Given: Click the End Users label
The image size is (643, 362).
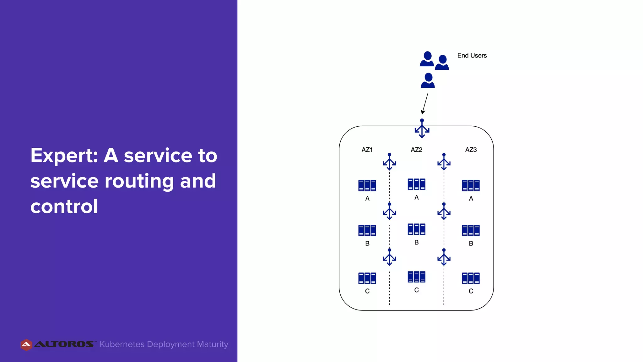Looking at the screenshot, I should (472, 56).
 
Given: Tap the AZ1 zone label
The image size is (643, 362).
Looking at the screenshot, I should (367, 150).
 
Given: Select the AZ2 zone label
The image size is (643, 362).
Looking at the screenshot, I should (416, 150).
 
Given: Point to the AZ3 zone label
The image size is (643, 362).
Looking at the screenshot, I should (471, 150).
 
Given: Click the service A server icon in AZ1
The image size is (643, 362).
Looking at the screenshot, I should (367, 185).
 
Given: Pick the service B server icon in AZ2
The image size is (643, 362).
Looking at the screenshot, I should (416, 229).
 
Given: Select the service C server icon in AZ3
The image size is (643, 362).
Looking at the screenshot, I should (471, 278).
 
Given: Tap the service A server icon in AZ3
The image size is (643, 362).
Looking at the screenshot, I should (471, 185).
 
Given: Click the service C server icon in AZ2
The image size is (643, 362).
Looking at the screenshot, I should (416, 277).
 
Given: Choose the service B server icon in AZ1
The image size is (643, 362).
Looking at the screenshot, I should (367, 230).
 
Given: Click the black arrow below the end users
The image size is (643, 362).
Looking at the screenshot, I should (425, 104).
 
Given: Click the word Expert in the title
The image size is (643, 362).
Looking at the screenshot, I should (64, 156).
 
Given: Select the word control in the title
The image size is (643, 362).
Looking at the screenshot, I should (64, 206).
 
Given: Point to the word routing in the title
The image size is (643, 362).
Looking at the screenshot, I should (139, 181).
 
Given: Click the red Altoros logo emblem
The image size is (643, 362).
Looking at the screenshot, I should (26, 345).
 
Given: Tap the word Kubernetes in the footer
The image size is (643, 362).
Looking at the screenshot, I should (122, 344).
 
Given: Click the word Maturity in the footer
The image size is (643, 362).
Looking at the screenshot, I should (213, 344).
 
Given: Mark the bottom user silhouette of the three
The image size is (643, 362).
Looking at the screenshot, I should (428, 80).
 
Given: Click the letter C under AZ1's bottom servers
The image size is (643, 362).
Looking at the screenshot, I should (367, 291).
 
